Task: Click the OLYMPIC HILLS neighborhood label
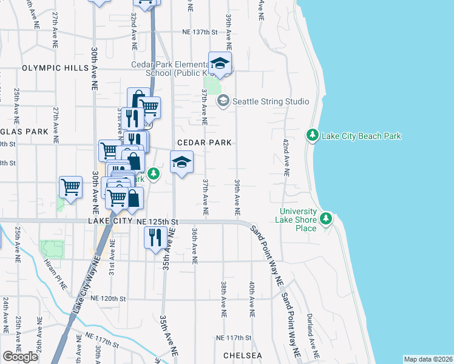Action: (x=55, y=68)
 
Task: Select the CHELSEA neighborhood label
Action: (x=242, y=355)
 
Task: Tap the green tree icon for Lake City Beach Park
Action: (x=313, y=135)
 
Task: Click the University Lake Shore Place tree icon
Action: (x=327, y=217)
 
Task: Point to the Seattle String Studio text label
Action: (x=271, y=101)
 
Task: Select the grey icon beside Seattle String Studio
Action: (x=223, y=101)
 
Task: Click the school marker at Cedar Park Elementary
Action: (x=220, y=63)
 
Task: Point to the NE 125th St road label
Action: (x=157, y=223)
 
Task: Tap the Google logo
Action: (x=21, y=356)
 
